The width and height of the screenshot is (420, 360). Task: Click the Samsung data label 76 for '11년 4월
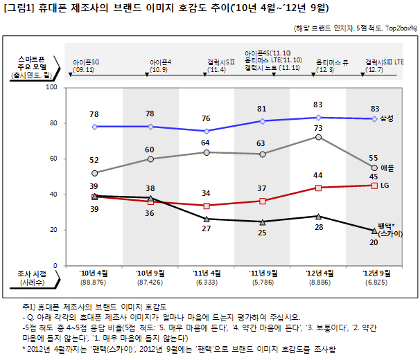(x=206, y=118)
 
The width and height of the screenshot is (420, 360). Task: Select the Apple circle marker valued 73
(x=318, y=137)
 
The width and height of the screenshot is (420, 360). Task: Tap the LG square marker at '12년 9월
(x=374, y=186)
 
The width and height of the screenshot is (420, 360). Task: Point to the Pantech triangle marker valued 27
(x=207, y=219)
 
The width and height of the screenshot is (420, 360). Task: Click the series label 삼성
(x=387, y=118)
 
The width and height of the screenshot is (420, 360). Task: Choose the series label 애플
(x=387, y=168)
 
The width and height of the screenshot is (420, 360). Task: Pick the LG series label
(x=385, y=186)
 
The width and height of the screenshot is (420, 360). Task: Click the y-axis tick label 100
(x=52, y=87)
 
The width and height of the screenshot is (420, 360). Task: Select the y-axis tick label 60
(x=53, y=159)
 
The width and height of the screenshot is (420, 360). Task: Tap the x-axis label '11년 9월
(x=263, y=273)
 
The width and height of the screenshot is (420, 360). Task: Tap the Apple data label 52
(x=94, y=160)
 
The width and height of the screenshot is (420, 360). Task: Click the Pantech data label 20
(x=374, y=242)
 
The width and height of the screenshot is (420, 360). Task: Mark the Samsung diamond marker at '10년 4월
(x=94, y=127)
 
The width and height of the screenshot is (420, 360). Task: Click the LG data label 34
(x=206, y=193)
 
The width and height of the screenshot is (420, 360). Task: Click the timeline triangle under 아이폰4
(x=147, y=74)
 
